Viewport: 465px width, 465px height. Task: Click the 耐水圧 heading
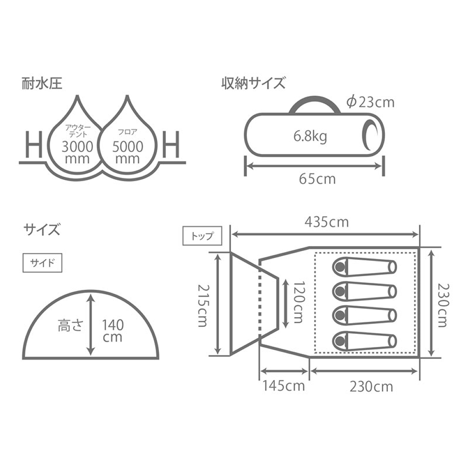(42, 83)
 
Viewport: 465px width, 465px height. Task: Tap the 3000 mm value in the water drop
(77, 153)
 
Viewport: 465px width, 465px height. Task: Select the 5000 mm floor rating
(128, 153)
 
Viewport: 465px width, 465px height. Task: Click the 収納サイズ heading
(253, 83)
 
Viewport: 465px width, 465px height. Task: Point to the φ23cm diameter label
(371, 102)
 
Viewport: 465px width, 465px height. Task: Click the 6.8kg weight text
(310, 136)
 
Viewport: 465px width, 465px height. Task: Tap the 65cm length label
(317, 179)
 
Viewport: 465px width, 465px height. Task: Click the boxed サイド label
(42, 263)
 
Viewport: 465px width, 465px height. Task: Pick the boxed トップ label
(202, 236)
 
